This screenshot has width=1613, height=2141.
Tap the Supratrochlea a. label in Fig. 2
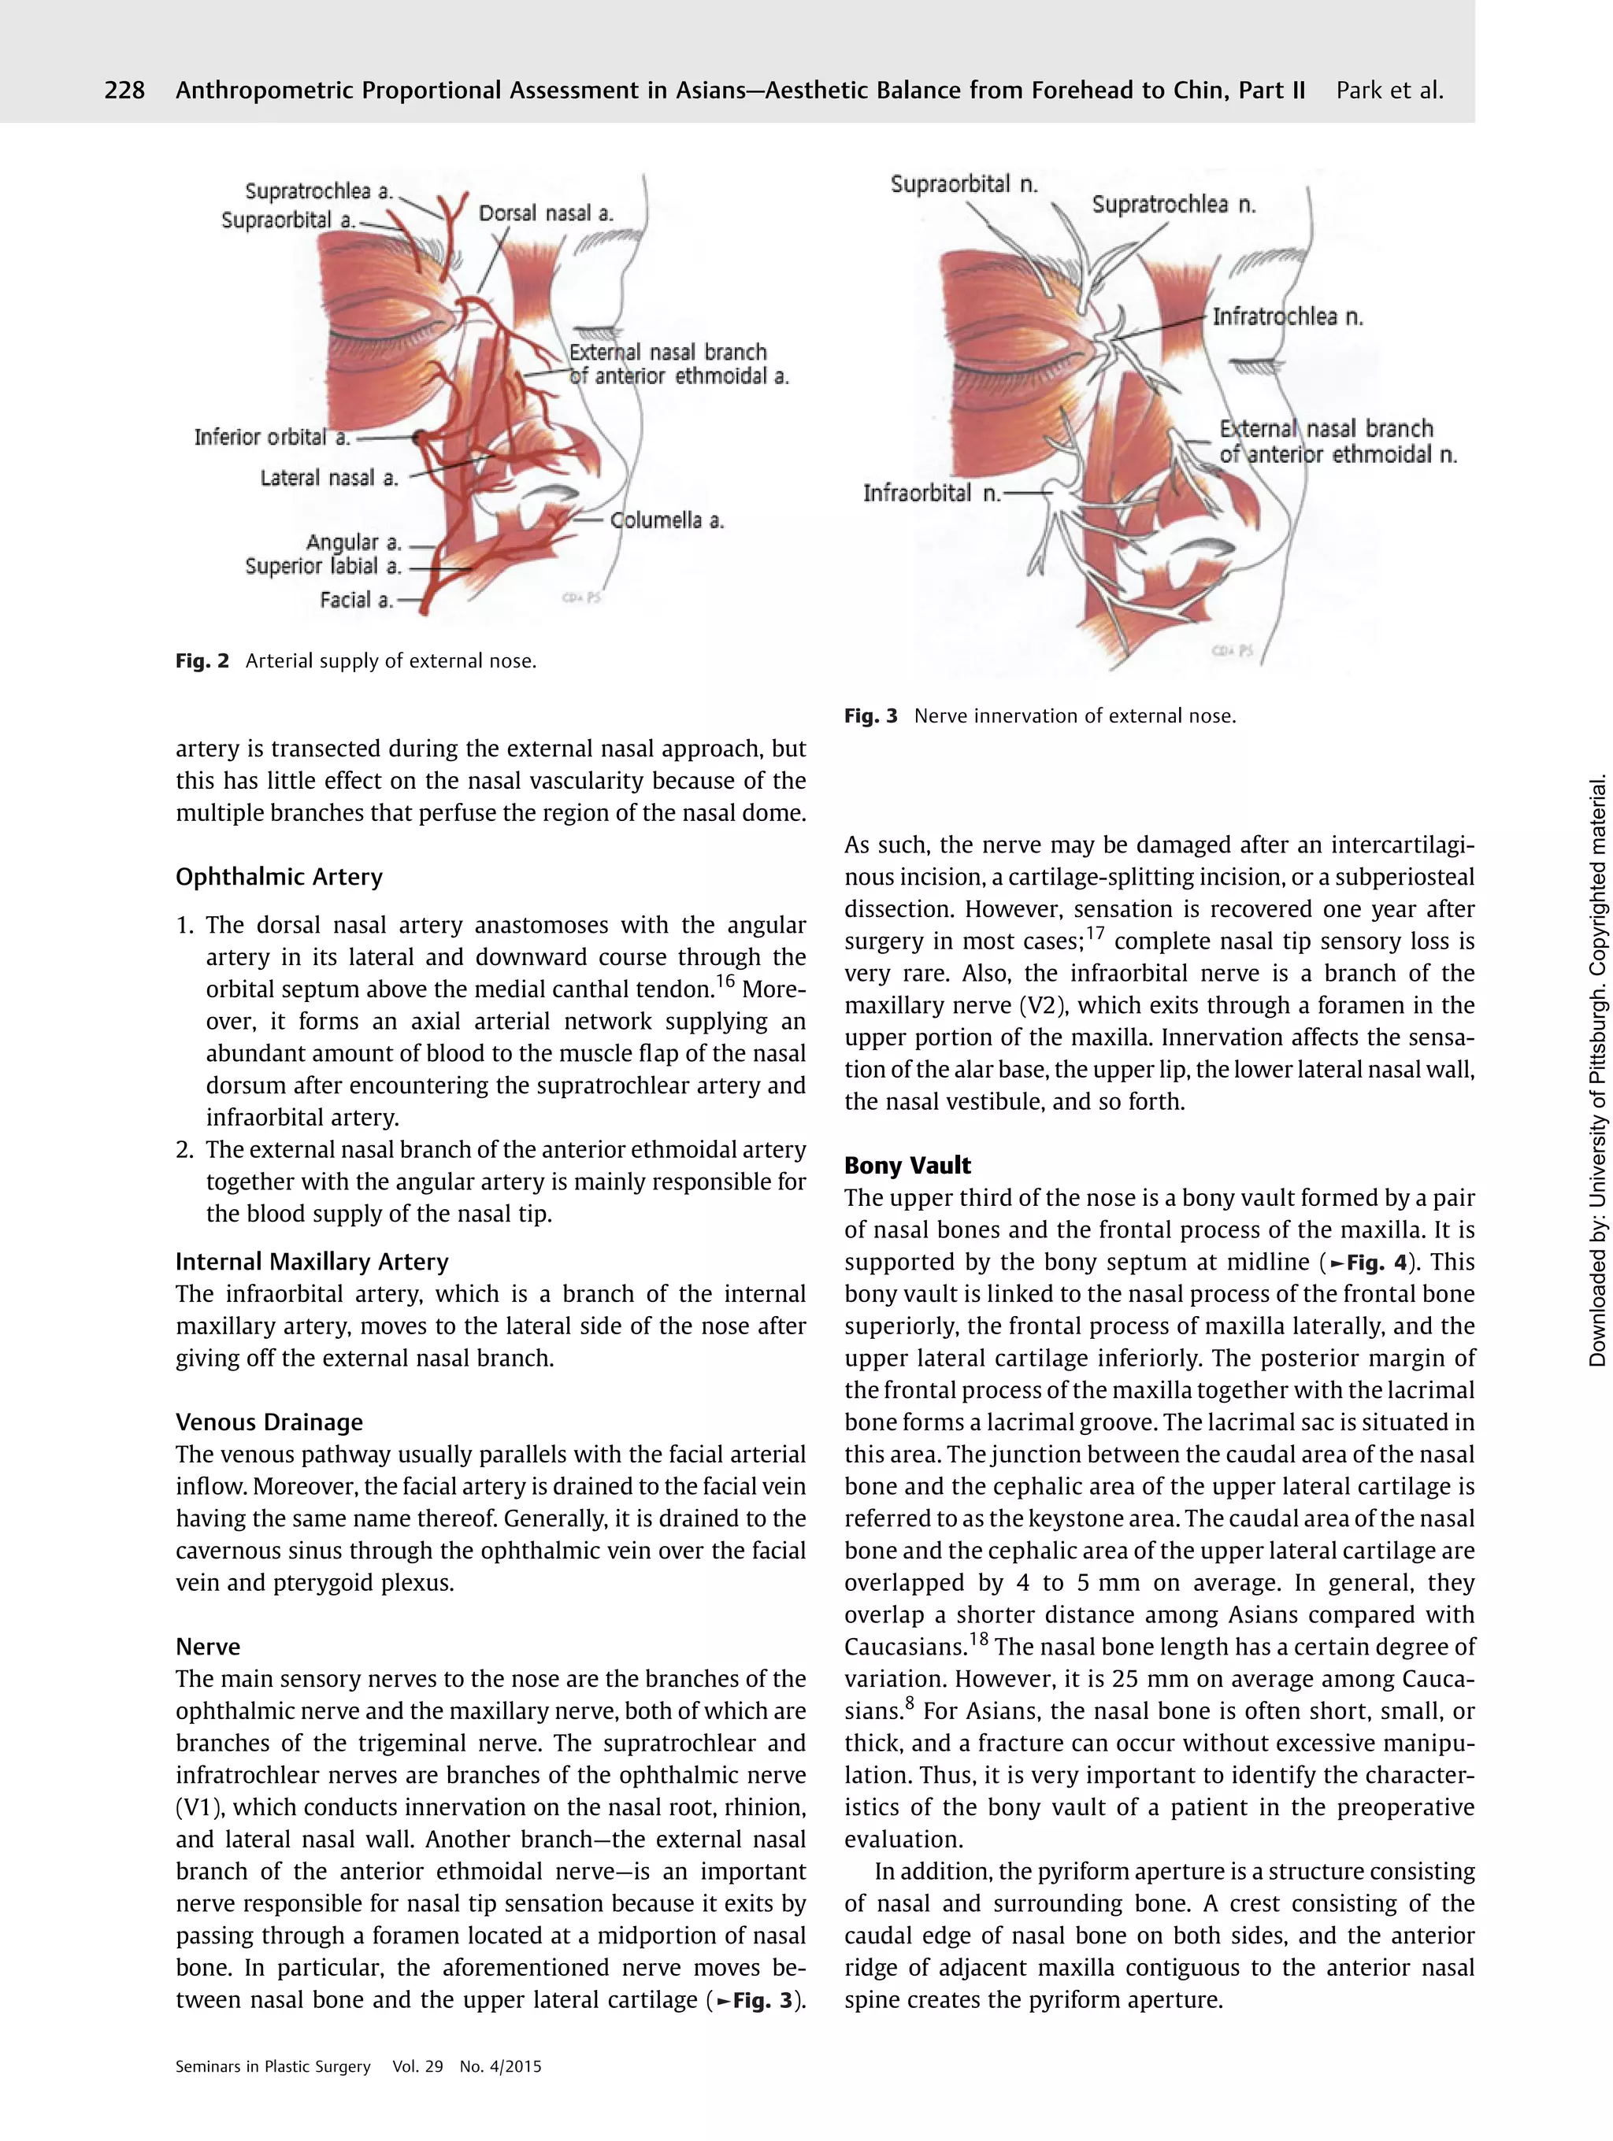click(x=318, y=190)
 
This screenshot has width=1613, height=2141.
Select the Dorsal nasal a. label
click(x=546, y=213)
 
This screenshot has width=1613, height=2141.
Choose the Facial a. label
click(x=356, y=600)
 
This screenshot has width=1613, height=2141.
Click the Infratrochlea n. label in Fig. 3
click(x=1287, y=316)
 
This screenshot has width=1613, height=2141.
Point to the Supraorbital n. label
click(x=963, y=183)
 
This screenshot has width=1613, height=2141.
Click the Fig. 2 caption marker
click(x=202, y=661)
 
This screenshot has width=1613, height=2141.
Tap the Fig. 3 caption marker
click(x=870, y=716)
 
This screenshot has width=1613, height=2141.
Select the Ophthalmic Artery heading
click(x=279, y=877)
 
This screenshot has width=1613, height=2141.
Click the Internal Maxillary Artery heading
click(x=312, y=1262)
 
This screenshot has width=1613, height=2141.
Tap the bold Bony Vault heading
click(x=907, y=1166)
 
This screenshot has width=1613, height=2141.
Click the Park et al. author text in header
click(x=1389, y=91)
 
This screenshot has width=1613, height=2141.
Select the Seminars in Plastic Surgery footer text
click(x=273, y=2066)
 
